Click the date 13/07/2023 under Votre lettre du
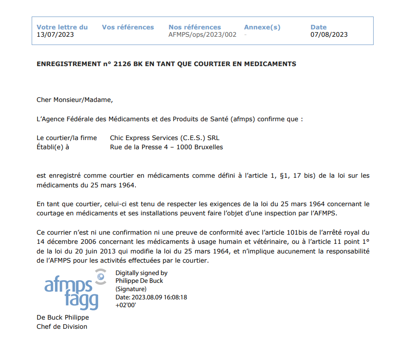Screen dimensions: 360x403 coord(55,34)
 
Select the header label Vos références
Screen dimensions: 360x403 coord(128,27)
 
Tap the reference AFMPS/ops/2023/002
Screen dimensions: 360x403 coord(202,34)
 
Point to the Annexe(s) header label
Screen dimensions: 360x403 coord(262,27)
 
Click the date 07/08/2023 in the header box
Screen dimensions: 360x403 coord(329,34)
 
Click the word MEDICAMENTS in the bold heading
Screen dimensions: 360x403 coord(271,64)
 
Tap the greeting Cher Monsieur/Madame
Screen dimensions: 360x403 coord(74,99)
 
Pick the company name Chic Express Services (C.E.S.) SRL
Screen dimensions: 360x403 coord(168,138)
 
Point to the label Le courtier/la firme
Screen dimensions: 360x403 coord(67,138)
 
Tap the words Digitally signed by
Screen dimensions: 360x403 coord(141,273)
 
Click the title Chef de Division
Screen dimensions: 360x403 coord(62,326)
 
